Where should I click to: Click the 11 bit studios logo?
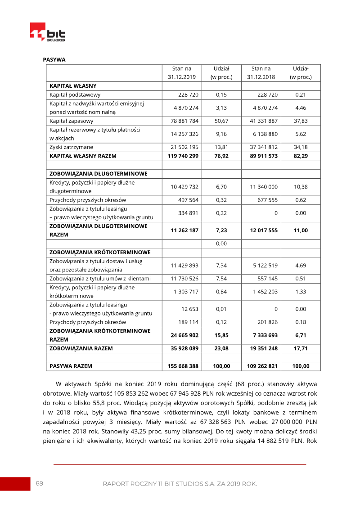pos(47,32)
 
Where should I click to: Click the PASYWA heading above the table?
pos(54,59)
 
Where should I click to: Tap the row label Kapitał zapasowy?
pos(72,121)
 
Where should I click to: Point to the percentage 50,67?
pos(222,121)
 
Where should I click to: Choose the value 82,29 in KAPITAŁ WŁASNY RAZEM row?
pos(301,156)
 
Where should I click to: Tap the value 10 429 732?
pos(184,187)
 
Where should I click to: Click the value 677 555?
pos(267,200)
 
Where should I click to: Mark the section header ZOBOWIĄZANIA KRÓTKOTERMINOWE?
pos(100,252)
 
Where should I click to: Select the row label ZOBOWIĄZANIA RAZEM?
pos(81,348)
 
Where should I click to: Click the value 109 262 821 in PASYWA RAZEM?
pos(262,366)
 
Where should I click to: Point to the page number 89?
pos(40,483)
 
